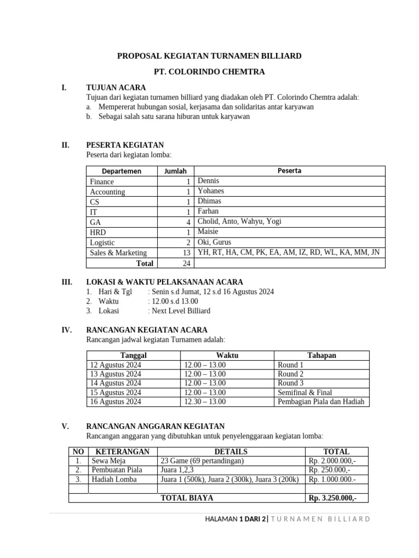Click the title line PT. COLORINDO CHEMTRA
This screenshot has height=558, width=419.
pyautogui.click(x=209, y=71)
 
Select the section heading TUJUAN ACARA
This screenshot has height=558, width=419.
pyautogui.click(x=116, y=87)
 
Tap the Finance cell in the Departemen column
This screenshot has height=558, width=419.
pyautogui.click(x=102, y=181)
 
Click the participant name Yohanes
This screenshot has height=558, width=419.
pyautogui.click(x=211, y=191)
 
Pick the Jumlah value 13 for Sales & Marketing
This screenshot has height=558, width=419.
pyautogui.click(x=186, y=253)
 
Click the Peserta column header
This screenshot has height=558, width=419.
pyautogui.click(x=289, y=171)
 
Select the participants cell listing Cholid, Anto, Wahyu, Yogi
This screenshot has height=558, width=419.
pyautogui.click(x=240, y=221)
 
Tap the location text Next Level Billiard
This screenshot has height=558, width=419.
pyautogui.click(x=180, y=311)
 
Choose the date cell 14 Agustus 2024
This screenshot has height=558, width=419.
pyautogui.click(x=115, y=383)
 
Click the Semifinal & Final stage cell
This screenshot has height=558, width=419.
pyautogui.click(x=304, y=392)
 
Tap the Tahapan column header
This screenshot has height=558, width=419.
pyautogui.click(x=321, y=355)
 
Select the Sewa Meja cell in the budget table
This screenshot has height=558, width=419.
pyautogui.click(x=109, y=460)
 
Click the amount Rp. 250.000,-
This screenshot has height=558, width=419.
pyautogui.click(x=330, y=470)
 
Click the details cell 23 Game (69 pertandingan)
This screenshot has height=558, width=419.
pyautogui.click(x=202, y=460)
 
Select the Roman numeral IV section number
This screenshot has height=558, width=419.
pyautogui.click(x=67, y=330)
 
